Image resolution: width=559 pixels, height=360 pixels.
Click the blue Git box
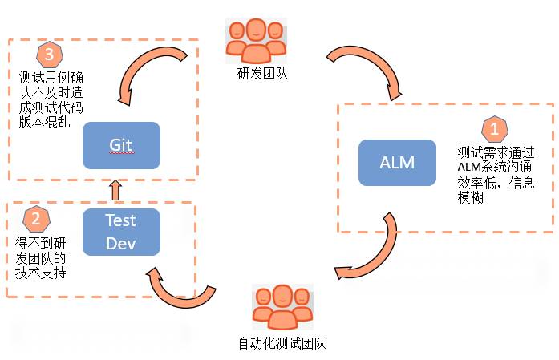(121, 145)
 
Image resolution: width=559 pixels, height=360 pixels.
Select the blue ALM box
(397, 163)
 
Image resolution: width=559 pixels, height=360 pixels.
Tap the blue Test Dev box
(121, 231)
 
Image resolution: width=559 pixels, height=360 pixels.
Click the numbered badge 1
(493, 128)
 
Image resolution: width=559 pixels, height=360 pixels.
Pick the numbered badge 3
(49, 55)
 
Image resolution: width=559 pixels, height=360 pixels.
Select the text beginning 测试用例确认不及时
(50, 99)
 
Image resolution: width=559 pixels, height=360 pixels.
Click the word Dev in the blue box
(121, 241)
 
